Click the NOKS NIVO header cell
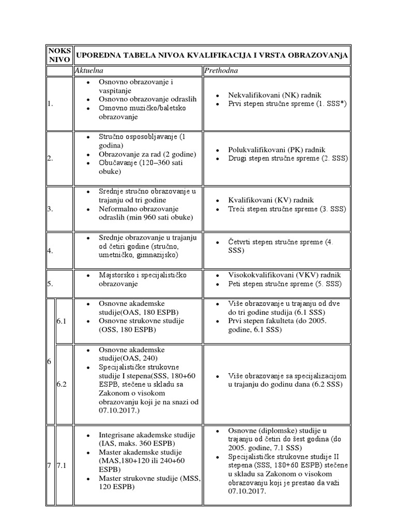pos(59,55)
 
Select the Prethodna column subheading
pos(221,70)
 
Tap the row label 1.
pos(50,104)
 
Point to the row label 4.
pos(50,251)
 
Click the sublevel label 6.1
pos(63,321)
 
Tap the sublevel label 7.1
pos(63,466)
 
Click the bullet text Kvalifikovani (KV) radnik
pos(271,200)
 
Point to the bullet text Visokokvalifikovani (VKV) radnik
pos(284,275)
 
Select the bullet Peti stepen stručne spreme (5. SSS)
pos(284,284)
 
